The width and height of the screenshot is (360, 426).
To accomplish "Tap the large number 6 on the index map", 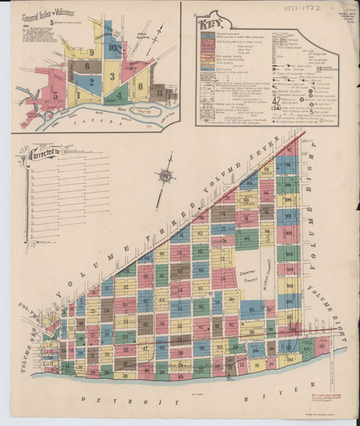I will tap(87, 66).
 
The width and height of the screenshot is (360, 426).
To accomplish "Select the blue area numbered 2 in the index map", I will tap(92, 82).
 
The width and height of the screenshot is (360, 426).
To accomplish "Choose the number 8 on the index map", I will tap(141, 86).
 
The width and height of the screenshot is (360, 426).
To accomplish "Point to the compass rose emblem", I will tap(165, 175).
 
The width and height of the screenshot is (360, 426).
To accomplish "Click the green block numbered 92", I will tap(248, 239).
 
